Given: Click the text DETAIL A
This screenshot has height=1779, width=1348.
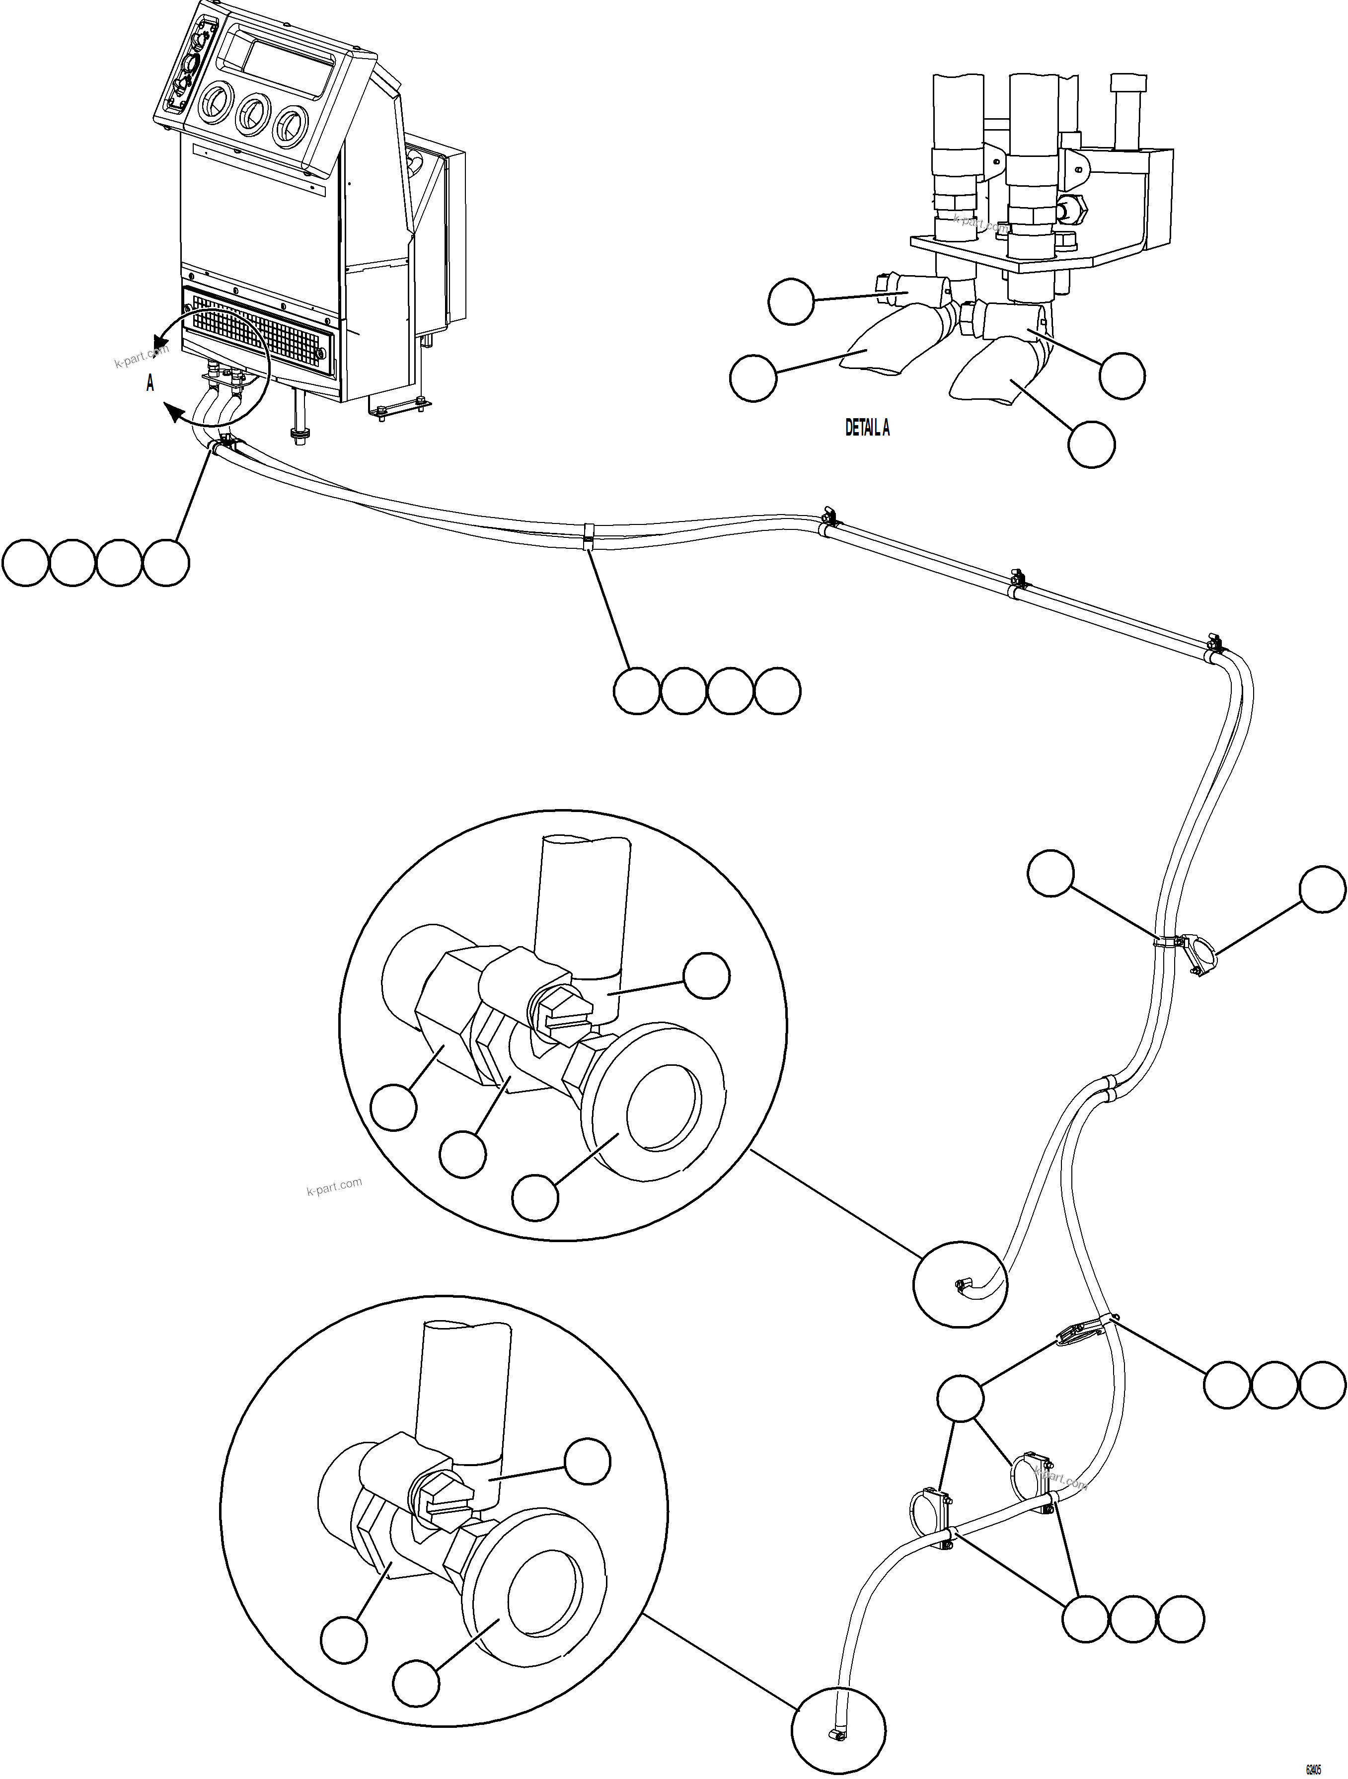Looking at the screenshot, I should pyautogui.click(x=866, y=428).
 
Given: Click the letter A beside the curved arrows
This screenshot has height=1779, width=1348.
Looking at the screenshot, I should pyautogui.click(x=150, y=383).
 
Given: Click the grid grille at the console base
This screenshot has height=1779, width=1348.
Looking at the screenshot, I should pyautogui.click(x=257, y=331).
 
